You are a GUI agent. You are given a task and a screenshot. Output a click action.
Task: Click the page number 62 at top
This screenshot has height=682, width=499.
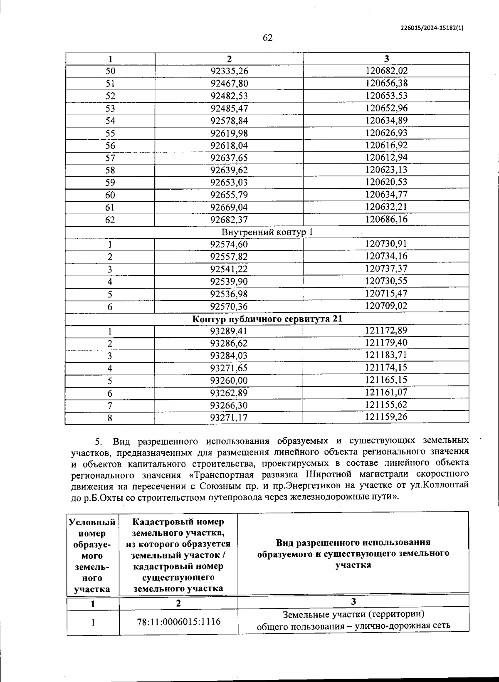[x=267, y=38]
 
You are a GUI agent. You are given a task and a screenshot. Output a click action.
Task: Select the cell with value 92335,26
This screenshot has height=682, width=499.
[x=229, y=71]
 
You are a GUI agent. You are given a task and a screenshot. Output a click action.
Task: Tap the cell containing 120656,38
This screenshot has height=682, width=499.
[x=386, y=83]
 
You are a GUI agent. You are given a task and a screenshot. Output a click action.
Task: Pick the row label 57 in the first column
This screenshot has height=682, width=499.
[x=110, y=158]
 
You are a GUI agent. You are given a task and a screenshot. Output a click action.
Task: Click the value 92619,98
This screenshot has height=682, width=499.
[x=229, y=133]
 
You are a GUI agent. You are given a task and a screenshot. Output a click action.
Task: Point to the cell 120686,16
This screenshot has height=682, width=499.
[x=386, y=219]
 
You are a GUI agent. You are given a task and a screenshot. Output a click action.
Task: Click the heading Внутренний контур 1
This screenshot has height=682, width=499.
[x=267, y=232]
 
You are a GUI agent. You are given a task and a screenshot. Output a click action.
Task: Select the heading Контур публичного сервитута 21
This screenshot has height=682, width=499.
[x=267, y=319]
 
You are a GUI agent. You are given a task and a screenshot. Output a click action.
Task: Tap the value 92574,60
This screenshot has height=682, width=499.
[x=229, y=245]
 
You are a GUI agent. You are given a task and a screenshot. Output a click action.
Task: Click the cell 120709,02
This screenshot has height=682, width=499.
[x=386, y=306]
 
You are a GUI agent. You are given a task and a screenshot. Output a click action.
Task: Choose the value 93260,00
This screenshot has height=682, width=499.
[x=229, y=381]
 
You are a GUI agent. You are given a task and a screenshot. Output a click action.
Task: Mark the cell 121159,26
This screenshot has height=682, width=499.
[x=386, y=417]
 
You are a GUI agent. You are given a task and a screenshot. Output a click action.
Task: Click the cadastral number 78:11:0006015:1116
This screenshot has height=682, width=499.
[x=179, y=622]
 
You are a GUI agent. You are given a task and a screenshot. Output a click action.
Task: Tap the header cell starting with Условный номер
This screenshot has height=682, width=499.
[x=92, y=555]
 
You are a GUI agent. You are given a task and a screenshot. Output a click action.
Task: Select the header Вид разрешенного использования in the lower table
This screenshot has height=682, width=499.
[x=353, y=554]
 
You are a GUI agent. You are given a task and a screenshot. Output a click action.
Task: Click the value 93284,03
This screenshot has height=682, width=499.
[x=229, y=356]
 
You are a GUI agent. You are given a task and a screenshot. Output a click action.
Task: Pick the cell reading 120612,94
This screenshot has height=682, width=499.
[x=386, y=158]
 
